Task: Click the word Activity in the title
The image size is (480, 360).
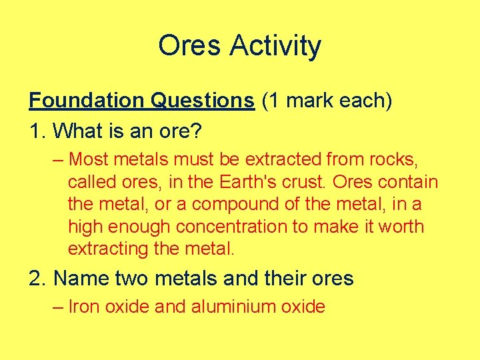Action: tap(275, 47)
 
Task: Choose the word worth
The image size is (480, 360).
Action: tap(399, 227)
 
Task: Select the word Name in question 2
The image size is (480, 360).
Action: tap(79, 278)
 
